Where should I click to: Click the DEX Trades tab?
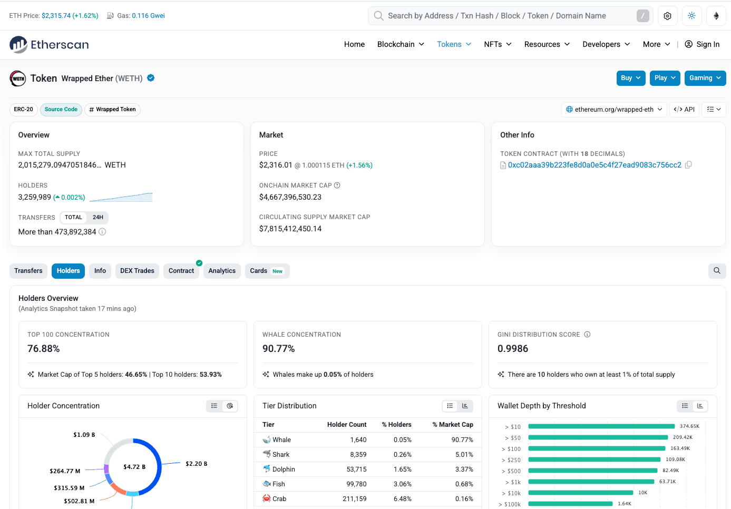click(x=137, y=271)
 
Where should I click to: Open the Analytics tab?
click(x=222, y=271)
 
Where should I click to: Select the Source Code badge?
click(x=61, y=109)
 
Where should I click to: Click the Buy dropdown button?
click(x=631, y=78)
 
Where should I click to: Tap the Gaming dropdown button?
click(x=705, y=78)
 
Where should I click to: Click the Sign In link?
click(x=702, y=44)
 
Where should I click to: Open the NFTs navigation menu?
click(x=498, y=44)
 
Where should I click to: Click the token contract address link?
click(x=594, y=165)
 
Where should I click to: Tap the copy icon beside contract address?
click(x=688, y=165)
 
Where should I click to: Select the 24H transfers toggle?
click(x=98, y=217)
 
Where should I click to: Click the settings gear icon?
click(x=667, y=16)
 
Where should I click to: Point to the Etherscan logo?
click(x=49, y=44)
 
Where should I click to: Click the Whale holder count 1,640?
click(x=358, y=440)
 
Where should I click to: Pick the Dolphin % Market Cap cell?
click(x=464, y=469)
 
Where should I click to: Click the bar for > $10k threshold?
click(x=581, y=493)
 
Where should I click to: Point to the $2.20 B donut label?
click(x=197, y=464)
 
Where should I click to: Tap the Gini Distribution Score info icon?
click(x=587, y=335)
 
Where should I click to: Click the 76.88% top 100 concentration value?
click(x=43, y=349)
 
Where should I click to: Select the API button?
click(x=684, y=109)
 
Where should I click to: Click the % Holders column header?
click(x=396, y=425)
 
